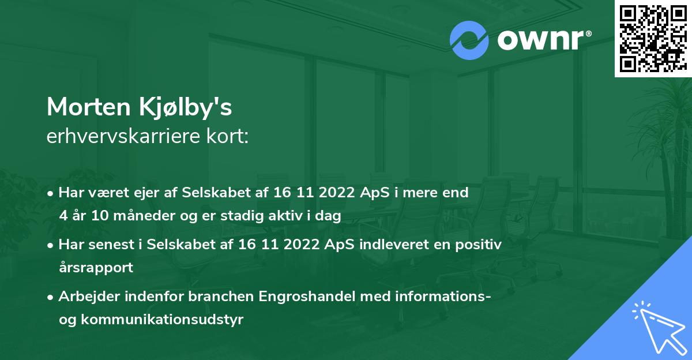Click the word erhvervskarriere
(120, 137)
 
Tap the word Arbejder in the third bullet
(85, 297)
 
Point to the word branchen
(220, 297)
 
